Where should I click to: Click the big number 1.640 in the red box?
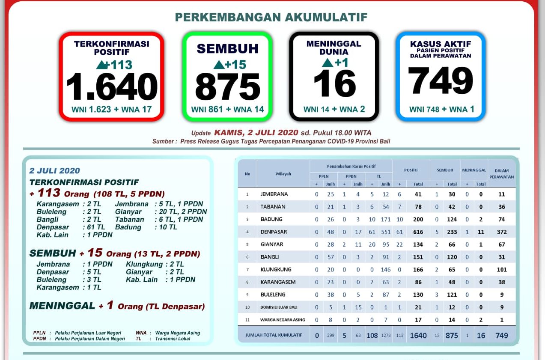(x=112, y=87)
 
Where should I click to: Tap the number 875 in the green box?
(x=227, y=87)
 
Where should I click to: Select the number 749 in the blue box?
(x=441, y=81)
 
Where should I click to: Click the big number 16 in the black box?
(x=334, y=83)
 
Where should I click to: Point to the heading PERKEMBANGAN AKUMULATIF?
(x=271, y=17)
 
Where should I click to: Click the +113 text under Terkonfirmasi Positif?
(x=115, y=65)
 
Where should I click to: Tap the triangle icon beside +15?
(x=218, y=65)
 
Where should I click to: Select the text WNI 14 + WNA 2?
(x=334, y=109)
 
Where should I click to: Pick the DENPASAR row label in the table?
(x=274, y=232)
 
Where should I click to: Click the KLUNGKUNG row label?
(x=276, y=270)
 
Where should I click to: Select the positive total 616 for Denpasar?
(x=418, y=232)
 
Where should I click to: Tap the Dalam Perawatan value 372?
(x=502, y=232)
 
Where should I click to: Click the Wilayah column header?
(x=283, y=174)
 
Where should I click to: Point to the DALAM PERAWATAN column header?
(x=501, y=173)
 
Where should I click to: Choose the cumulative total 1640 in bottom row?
(x=418, y=336)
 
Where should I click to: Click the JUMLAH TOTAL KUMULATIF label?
(x=274, y=336)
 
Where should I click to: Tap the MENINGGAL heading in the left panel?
(x=62, y=306)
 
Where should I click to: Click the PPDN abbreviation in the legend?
(x=39, y=339)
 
